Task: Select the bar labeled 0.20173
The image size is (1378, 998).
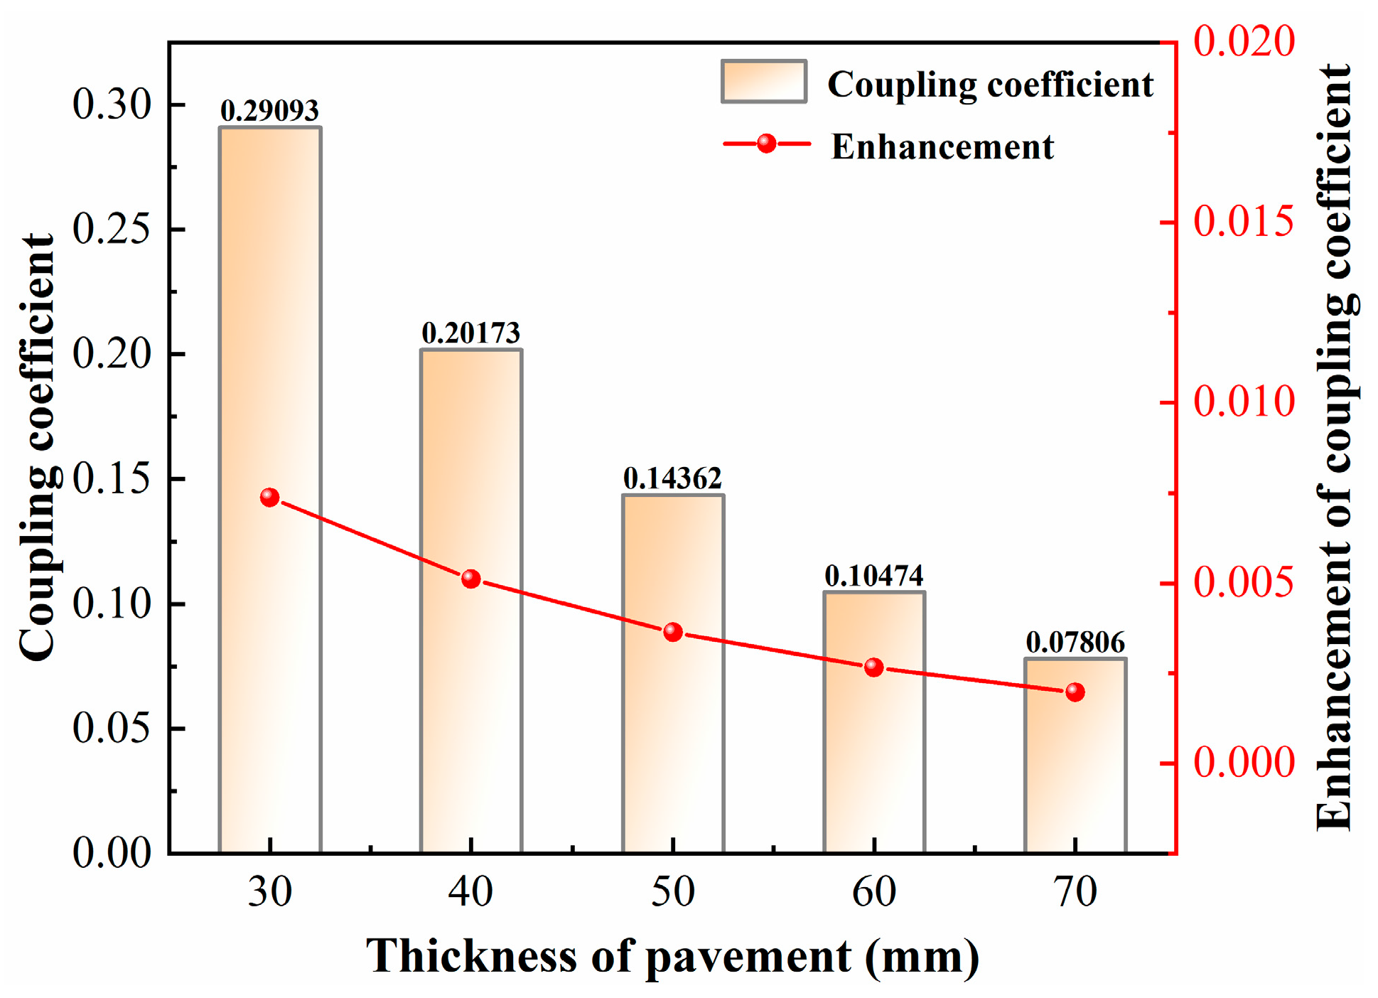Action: click(471, 498)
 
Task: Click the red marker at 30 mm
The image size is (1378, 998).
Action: click(269, 497)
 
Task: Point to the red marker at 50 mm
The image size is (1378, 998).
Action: click(673, 632)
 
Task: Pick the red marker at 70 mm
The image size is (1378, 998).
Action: click(1075, 692)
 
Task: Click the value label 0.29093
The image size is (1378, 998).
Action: click(269, 111)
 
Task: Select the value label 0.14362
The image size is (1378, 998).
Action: click(672, 478)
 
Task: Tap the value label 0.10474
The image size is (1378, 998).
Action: click(874, 576)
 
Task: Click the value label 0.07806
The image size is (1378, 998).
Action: click(1075, 643)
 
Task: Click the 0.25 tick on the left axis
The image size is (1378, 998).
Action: click(112, 230)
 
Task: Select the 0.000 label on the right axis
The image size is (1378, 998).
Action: click(1244, 763)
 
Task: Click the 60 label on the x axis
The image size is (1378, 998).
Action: click(874, 892)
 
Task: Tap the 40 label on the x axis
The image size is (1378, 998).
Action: click(470, 892)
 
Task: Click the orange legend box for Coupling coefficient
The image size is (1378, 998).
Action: click(764, 82)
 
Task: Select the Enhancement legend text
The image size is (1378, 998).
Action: click(942, 147)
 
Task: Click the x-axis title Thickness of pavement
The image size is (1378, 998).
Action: click(672, 957)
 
